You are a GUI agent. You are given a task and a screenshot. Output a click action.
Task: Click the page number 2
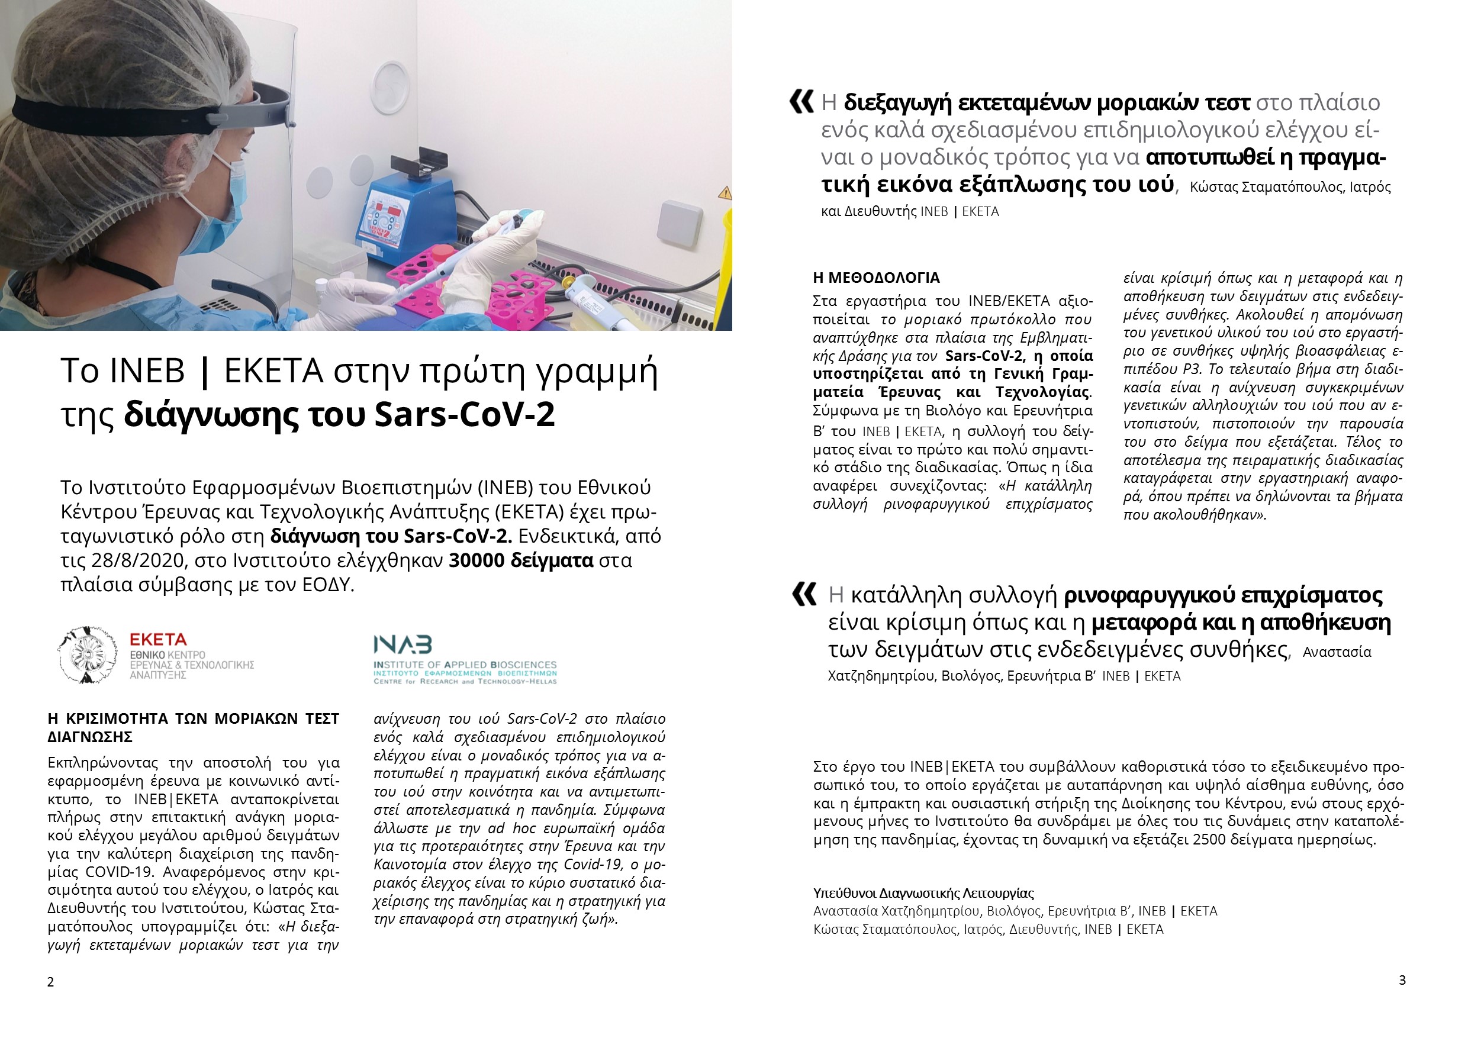[50, 982]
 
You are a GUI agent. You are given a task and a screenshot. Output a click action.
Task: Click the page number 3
[1402, 981]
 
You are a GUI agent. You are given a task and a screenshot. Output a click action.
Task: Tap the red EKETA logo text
[158, 640]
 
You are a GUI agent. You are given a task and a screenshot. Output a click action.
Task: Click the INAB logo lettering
[403, 645]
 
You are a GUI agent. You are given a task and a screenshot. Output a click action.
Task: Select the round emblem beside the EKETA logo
[87, 655]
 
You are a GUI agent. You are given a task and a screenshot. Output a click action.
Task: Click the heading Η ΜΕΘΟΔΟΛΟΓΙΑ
[876, 278]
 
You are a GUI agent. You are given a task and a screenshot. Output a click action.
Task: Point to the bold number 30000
[479, 560]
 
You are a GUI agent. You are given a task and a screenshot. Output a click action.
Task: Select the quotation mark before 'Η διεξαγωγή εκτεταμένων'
[801, 102]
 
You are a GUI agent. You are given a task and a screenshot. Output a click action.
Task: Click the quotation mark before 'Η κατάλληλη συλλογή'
[804, 594]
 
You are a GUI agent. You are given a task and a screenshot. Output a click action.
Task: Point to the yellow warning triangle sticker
[725, 192]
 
